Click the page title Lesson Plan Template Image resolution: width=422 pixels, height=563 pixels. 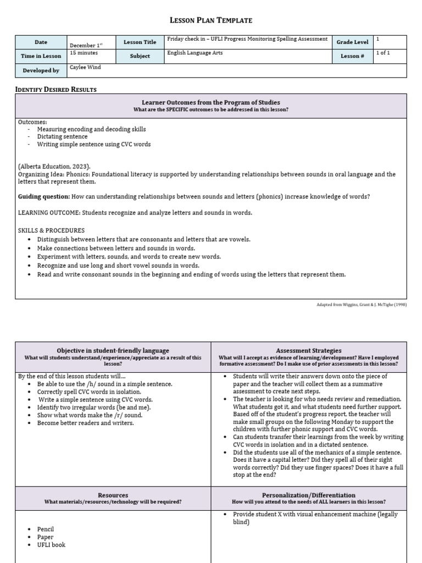point(211,20)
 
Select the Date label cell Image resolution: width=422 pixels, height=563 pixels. point(41,42)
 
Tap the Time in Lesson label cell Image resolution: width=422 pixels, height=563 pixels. point(41,56)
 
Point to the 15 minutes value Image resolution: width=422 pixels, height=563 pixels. point(84,53)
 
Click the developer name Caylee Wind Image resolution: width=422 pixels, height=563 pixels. point(86,67)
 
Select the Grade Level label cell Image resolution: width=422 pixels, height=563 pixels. point(352,42)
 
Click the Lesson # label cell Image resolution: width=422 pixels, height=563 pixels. point(352,56)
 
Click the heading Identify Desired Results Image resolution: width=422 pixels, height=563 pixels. point(56,89)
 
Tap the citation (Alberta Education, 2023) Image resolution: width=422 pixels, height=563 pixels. point(54,167)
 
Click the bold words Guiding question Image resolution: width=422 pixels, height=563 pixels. point(44,196)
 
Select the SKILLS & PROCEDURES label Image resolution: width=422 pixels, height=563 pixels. point(52,230)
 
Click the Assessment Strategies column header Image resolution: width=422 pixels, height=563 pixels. point(309,350)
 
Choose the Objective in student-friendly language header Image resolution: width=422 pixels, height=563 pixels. point(113,350)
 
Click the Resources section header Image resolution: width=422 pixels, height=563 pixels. point(113,495)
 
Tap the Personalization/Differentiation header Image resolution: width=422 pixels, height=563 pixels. point(309,495)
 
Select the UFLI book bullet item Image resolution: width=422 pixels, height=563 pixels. point(51,545)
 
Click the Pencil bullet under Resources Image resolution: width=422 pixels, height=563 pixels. point(46,529)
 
